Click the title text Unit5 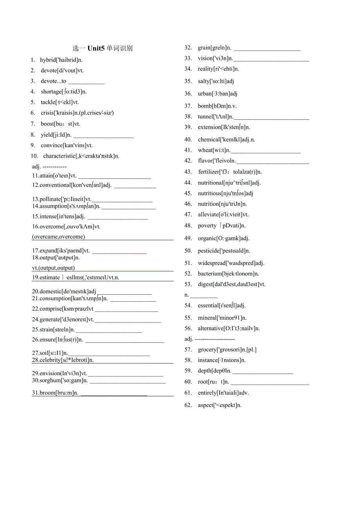[96, 49]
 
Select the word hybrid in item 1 [48, 60]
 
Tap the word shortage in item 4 [51, 92]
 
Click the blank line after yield [103, 137]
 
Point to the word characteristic [59, 156]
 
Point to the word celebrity [50, 360]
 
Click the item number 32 [188, 48]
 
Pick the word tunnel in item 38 [205, 117]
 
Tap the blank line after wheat [266, 152]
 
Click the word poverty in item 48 [207, 225]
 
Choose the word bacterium [210, 274]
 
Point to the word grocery [207, 349]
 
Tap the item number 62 [188, 405]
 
